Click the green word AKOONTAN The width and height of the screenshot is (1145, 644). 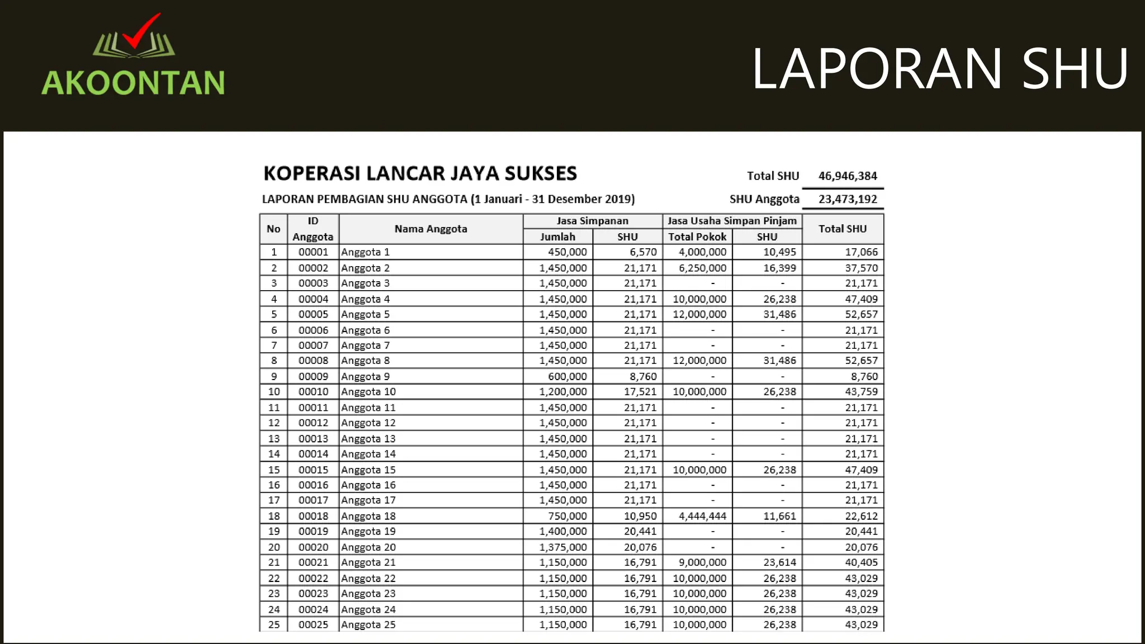point(133,83)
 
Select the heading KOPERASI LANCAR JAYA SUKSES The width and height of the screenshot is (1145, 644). point(420,173)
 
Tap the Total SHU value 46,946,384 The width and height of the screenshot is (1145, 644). point(848,176)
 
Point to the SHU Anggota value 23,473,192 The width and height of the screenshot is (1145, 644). point(848,200)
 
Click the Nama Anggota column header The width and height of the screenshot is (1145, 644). point(430,229)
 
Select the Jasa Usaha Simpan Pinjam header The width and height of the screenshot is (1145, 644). point(732,221)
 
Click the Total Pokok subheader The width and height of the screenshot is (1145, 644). point(697,237)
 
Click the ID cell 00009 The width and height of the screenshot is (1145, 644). point(313,376)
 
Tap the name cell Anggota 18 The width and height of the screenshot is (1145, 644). point(368,516)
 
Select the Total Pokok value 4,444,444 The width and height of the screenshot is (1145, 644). point(702,516)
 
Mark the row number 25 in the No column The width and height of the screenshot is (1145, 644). point(273,624)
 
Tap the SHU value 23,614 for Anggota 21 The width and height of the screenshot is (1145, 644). point(779,562)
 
